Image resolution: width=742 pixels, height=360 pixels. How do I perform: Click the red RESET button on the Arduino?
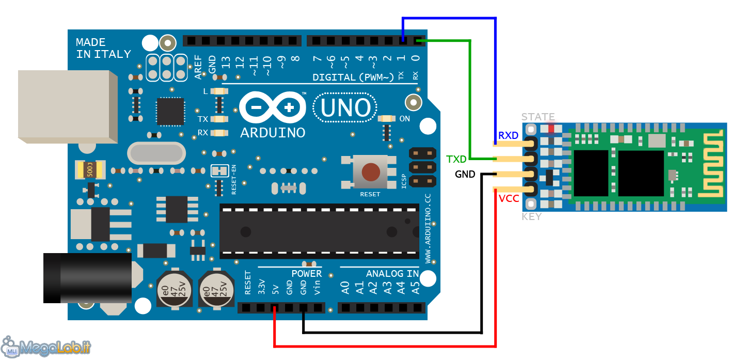click(370, 173)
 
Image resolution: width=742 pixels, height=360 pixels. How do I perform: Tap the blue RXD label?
click(508, 135)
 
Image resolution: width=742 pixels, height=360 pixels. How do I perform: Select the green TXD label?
click(456, 159)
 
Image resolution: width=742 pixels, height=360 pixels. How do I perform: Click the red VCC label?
click(509, 199)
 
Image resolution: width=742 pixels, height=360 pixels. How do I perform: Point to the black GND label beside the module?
click(465, 175)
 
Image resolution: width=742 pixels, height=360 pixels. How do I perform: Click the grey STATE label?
click(538, 117)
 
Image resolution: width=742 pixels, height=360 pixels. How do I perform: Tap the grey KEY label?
click(531, 216)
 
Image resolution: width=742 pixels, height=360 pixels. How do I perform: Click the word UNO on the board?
click(345, 108)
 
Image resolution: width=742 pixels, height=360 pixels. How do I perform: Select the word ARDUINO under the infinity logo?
click(273, 133)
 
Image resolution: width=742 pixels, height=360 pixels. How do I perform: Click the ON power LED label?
click(405, 119)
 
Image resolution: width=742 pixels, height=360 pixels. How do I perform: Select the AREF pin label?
click(198, 68)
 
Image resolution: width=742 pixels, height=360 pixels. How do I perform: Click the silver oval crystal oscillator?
click(156, 153)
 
